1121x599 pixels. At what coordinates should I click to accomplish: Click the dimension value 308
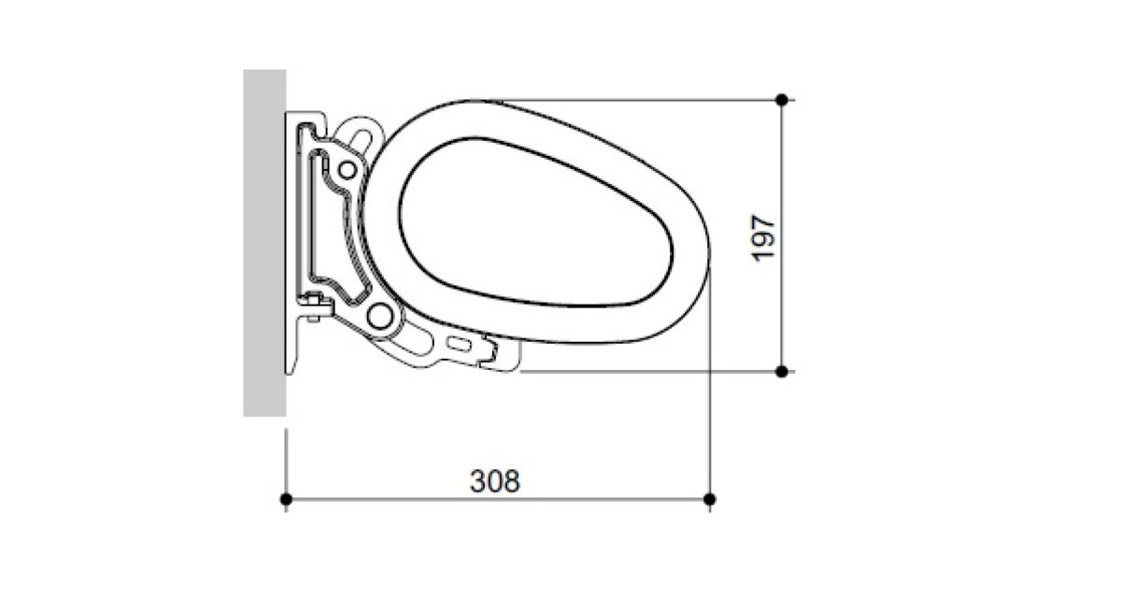495,481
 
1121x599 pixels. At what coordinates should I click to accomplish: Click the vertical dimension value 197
764,238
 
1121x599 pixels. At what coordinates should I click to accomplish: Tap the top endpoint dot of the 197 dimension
781,100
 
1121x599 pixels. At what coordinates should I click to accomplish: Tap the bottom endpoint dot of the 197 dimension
781,372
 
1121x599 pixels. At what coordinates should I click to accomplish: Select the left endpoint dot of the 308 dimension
286,499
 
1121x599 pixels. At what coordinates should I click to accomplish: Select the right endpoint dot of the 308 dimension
709,499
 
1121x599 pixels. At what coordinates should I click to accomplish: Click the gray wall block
264,243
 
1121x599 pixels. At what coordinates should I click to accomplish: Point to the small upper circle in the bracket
348,170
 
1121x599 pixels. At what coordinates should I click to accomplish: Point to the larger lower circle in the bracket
380,316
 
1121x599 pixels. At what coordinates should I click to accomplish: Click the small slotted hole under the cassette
459,344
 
